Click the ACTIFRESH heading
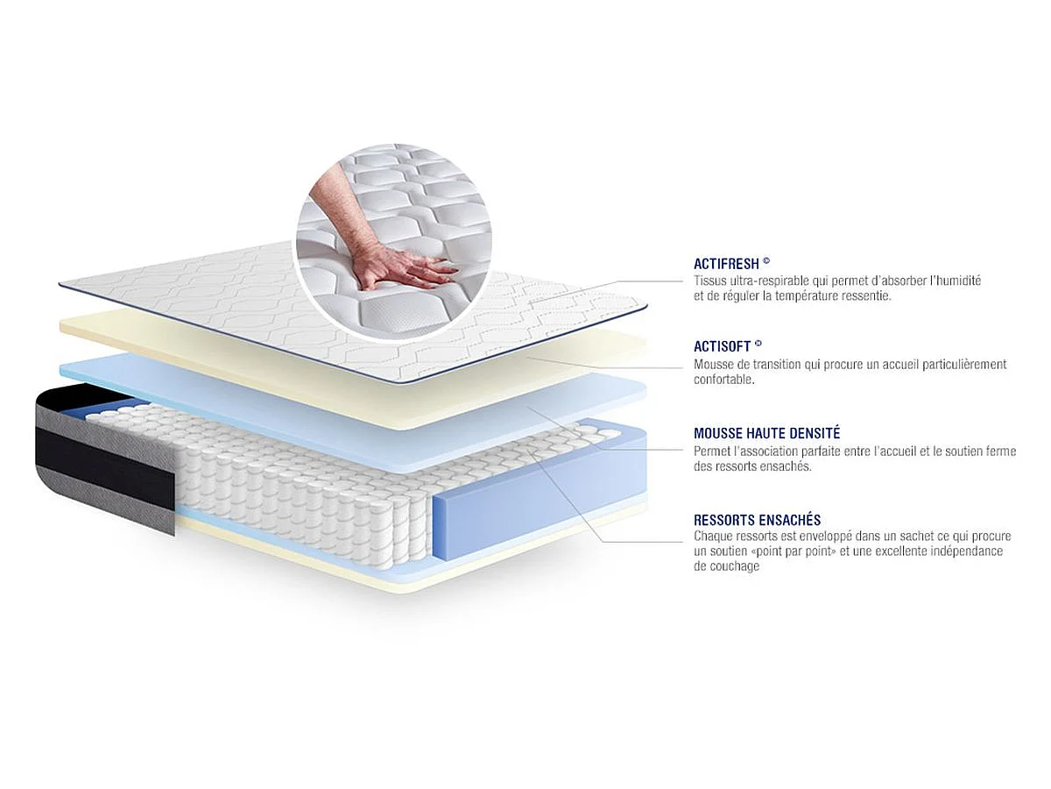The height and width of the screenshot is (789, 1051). [726, 264]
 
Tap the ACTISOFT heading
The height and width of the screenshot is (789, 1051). [722, 346]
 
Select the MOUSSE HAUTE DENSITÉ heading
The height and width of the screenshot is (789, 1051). [766, 433]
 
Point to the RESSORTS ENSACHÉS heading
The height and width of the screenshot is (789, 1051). [757, 520]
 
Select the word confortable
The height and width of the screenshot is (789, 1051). [724, 380]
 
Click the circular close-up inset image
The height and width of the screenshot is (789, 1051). [393, 242]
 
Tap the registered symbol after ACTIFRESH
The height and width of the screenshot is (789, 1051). [766, 261]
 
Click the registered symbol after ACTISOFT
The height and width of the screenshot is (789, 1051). [758, 343]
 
